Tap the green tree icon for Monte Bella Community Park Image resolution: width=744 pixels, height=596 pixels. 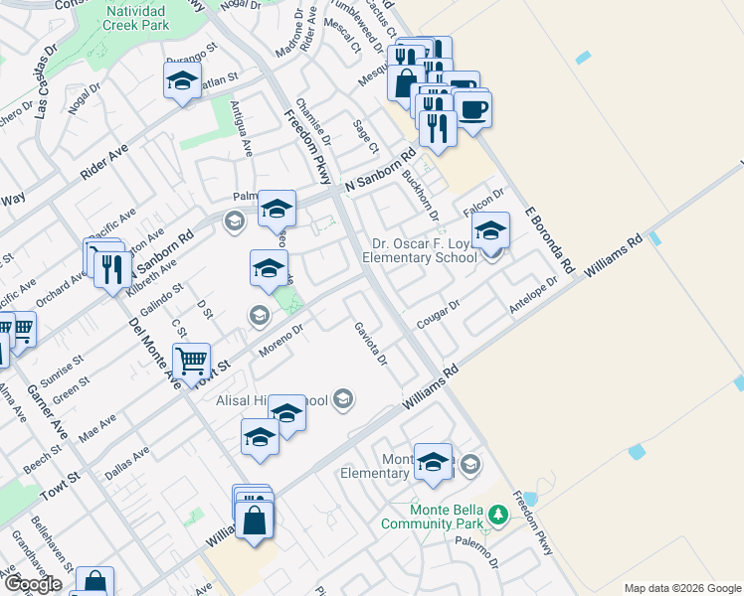[500, 516]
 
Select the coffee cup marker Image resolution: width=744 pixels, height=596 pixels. [472, 107]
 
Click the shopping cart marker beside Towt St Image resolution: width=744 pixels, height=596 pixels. [191, 361]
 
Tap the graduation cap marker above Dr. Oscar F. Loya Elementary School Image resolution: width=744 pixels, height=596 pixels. [489, 231]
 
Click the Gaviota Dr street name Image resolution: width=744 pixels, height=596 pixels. [369, 343]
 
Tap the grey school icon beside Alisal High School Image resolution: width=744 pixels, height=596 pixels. [343, 399]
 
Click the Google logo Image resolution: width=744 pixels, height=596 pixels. [33, 585]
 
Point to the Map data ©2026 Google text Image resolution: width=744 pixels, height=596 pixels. [683, 588]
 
